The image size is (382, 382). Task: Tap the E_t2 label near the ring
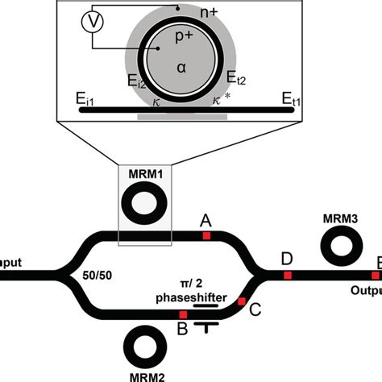coord(237,78)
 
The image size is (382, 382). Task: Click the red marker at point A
coord(206,235)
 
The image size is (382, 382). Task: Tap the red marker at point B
coord(183,314)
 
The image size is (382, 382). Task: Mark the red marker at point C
coord(241,301)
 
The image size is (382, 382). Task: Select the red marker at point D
coord(288,274)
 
